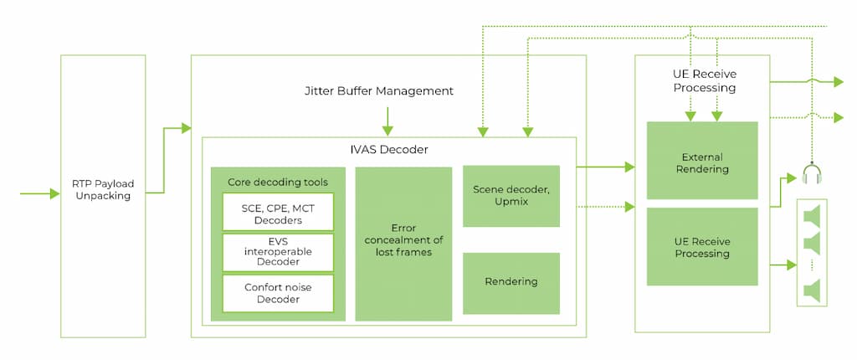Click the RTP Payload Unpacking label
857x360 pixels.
(103, 190)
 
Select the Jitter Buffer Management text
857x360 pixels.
(379, 90)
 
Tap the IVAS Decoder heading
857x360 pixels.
(389, 150)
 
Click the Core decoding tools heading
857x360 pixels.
(277, 182)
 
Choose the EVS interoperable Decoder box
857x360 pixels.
(278, 253)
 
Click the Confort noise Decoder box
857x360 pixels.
(278, 293)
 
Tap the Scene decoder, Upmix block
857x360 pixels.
(511, 196)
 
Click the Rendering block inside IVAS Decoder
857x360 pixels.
(511, 282)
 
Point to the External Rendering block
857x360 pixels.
(702, 163)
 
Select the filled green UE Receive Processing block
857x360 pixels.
(702, 247)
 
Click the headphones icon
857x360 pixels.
(810, 174)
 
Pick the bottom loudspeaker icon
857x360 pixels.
(811, 291)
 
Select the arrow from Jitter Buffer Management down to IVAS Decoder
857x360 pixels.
(387, 123)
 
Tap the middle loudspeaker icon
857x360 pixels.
(811, 243)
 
